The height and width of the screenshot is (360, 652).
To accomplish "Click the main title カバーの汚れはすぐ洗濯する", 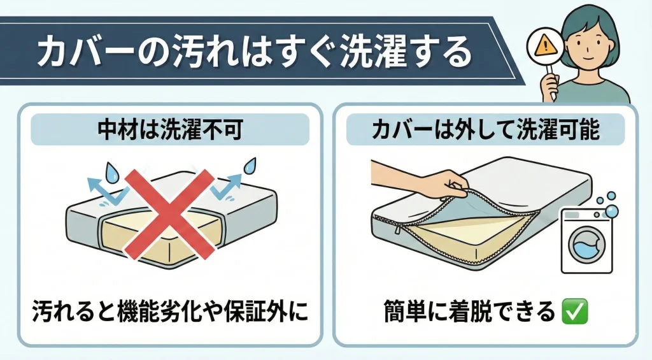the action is [x=255, y=52].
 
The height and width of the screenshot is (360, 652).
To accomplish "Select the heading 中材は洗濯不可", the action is [x=170, y=130].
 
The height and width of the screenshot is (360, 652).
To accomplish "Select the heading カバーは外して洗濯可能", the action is [x=485, y=130].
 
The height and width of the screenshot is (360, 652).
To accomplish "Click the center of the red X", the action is [x=169, y=213].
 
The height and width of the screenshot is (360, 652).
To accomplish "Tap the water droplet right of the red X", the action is [x=250, y=166].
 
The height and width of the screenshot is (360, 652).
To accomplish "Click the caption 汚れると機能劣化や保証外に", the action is [x=171, y=311].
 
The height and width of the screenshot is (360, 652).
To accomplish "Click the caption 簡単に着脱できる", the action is [x=469, y=312].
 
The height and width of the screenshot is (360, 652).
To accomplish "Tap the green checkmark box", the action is [x=574, y=312].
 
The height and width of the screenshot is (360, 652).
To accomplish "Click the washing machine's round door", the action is [x=586, y=245].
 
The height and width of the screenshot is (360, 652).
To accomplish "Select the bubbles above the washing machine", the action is [x=607, y=205].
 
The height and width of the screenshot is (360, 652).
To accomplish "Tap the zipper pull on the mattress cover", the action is [x=397, y=229].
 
